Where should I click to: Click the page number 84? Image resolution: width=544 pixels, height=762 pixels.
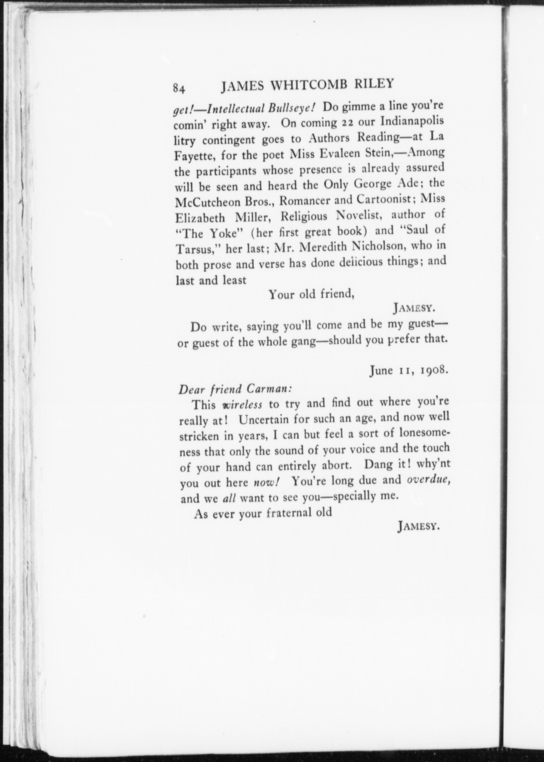tap(180, 89)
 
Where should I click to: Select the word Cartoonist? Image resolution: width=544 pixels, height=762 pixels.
tap(387, 200)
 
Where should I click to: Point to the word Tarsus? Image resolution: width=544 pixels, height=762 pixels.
tap(196, 250)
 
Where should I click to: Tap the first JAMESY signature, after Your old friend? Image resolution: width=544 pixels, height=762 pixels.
tap(414, 309)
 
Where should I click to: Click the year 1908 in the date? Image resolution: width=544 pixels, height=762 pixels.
tap(432, 371)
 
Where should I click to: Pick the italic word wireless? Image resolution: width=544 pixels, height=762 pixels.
tap(243, 405)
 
